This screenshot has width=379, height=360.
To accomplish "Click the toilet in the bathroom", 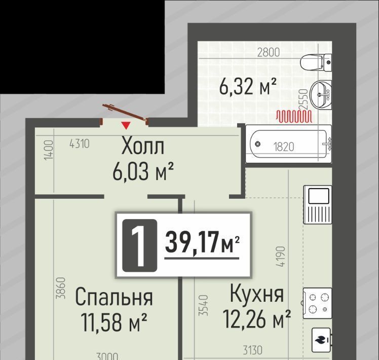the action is coord(316,62).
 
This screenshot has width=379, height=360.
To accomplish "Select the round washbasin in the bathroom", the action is coord(321,95).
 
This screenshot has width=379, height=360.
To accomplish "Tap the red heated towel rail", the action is coord(294,116).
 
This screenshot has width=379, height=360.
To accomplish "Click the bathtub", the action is coord(289,144).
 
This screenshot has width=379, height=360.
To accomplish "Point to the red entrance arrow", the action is coord(126,125).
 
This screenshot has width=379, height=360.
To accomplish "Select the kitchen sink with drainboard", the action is coord(318,204).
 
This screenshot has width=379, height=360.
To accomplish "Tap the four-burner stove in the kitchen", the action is coord(317,303).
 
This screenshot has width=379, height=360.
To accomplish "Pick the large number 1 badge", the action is coord(140,245).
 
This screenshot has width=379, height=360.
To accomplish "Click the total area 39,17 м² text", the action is coord(202,242).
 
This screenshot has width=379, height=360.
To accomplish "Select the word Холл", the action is coord(142,146).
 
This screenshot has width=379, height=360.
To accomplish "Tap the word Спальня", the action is coord(114,297).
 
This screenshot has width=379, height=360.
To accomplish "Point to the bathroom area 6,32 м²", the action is coord(247,86).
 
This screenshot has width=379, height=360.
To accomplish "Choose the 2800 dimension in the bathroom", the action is coord(269,53).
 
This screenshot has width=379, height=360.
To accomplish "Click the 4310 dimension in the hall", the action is coord(79,144).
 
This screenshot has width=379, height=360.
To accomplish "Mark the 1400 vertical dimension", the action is coord(49,150).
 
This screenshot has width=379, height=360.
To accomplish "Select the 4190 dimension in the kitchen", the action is coord(281,257).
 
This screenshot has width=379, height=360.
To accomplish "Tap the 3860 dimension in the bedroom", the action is coord(61,288).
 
